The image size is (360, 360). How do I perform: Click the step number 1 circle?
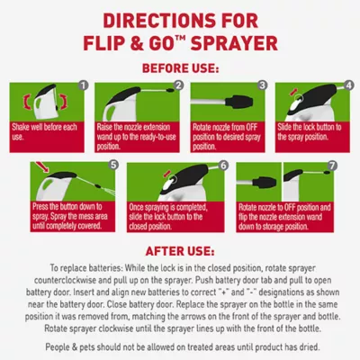click(x=84, y=85)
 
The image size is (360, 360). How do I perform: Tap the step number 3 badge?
click(x=263, y=85)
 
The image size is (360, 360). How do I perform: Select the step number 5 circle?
click(x=112, y=165)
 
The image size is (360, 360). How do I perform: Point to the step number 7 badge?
click(x=331, y=166)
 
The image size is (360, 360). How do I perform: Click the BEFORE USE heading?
click(x=180, y=68)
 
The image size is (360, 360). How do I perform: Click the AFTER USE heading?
click(x=180, y=251)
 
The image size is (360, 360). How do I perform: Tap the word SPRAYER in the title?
click(x=234, y=43)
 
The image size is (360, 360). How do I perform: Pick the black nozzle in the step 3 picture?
click(x=238, y=101)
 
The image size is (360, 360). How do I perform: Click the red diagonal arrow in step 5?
click(x=41, y=167)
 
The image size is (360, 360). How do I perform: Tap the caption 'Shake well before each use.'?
click(x=44, y=131)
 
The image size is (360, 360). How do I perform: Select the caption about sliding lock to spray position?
click(x=310, y=131)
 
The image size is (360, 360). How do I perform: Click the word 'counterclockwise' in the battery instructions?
click(x=65, y=280)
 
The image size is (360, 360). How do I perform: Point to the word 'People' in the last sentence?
click(x=58, y=347)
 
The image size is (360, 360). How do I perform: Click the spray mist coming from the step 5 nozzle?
click(x=108, y=190)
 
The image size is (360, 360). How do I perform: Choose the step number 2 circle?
click(x=178, y=85)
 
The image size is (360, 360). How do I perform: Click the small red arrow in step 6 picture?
click(x=167, y=174)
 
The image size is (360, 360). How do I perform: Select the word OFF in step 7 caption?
click(x=291, y=207)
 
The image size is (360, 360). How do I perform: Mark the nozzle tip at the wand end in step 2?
click(x=170, y=90)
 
